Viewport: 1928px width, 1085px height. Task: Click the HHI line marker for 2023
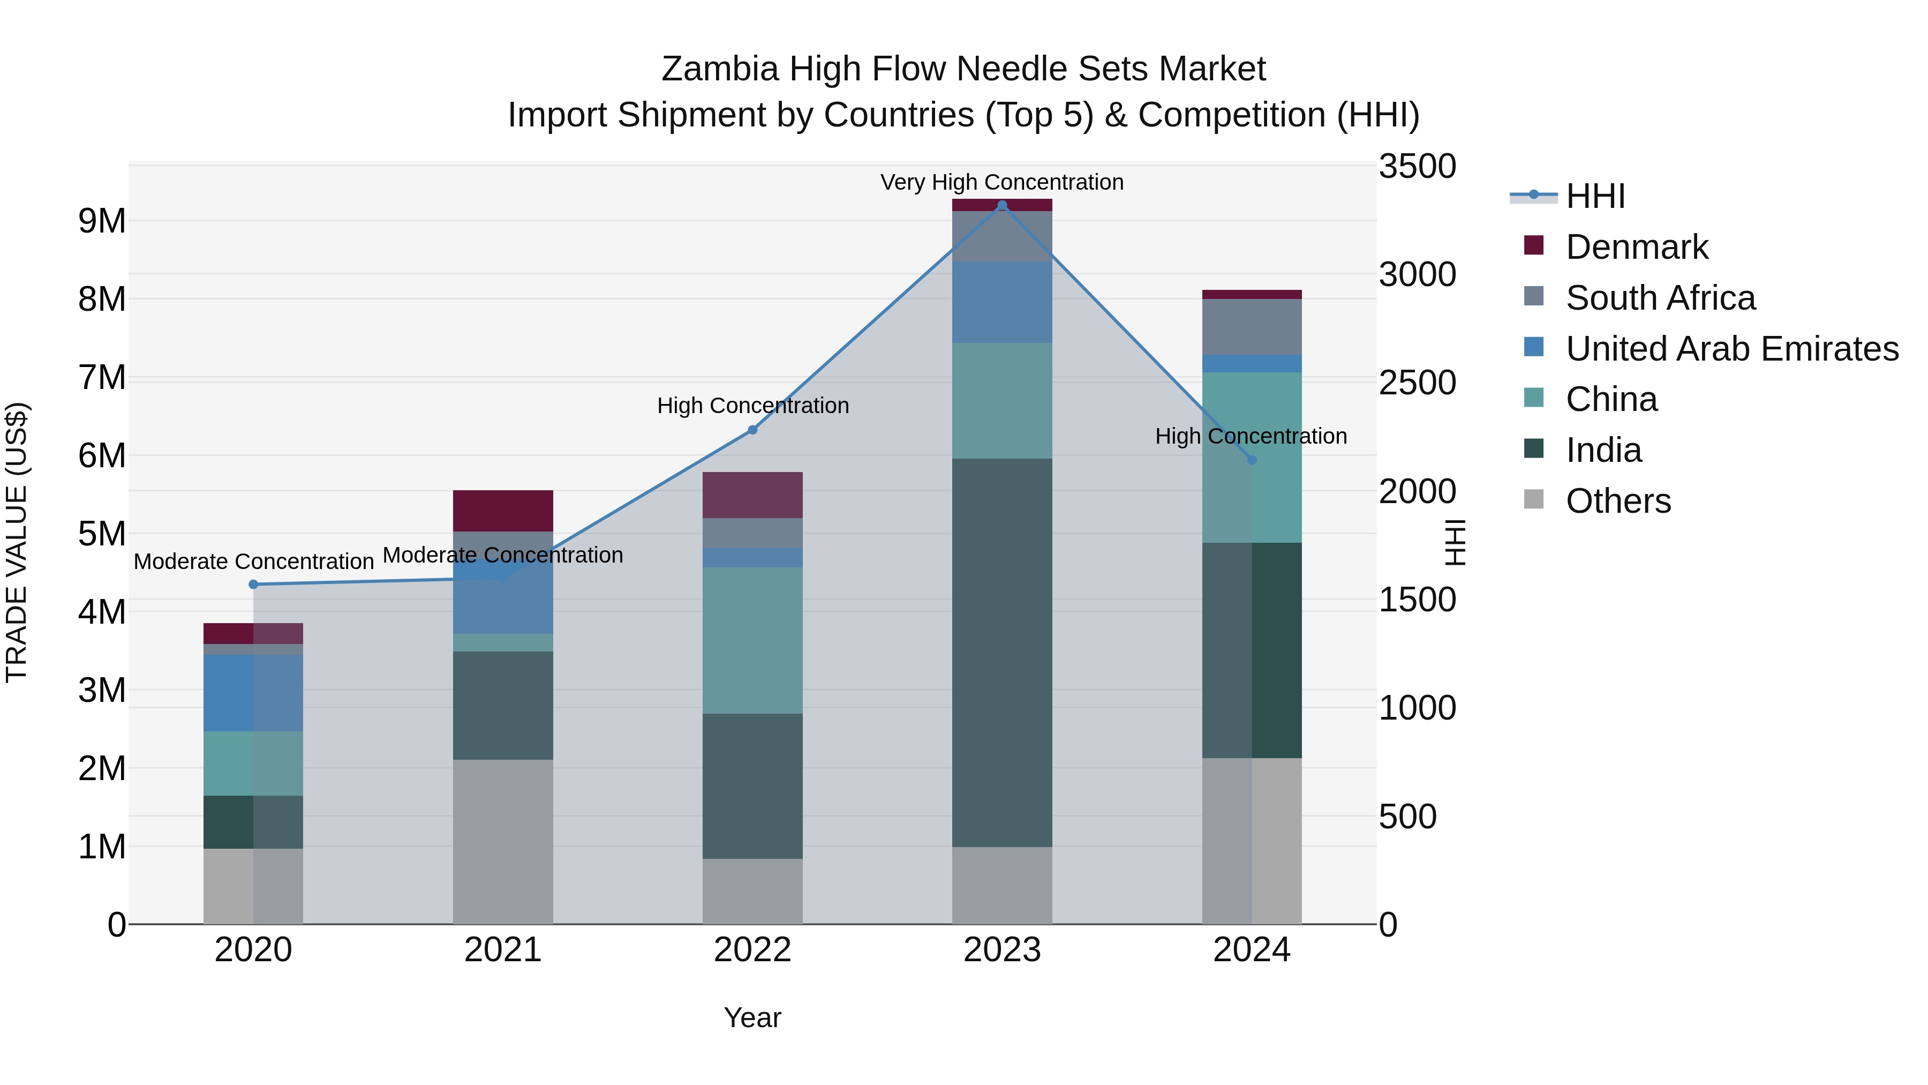click(x=1002, y=205)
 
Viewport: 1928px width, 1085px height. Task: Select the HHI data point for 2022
click(x=753, y=430)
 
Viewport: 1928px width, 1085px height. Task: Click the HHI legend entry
click(x=1594, y=196)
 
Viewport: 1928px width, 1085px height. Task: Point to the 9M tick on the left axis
click(x=102, y=221)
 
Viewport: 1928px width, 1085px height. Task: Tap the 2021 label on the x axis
click(x=503, y=950)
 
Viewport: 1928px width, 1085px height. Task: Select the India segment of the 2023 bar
click(x=1002, y=652)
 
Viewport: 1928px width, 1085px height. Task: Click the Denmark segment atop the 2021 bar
click(x=503, y=511)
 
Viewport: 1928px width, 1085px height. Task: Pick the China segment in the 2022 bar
click(x=753, y=640)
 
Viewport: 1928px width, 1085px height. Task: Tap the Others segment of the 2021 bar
click(x=503, y=842)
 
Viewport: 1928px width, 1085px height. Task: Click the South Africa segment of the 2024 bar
click(x=1252, y=326)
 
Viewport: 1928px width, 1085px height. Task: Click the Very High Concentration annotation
click(x=1001, y=183)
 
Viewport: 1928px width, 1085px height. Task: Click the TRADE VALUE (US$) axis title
click(x=17, y=542)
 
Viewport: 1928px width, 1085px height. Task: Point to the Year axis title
click(x=752, y=1017)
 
